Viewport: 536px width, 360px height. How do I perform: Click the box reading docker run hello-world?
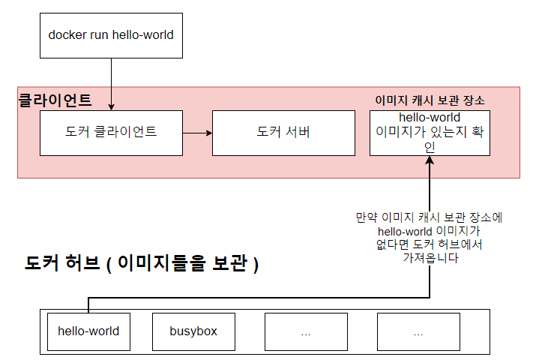pyautogui.click(x=111, y=34)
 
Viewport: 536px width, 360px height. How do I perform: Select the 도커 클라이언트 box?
pyautogui.click(x=111, y=133)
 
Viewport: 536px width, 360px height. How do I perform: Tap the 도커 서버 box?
pyautogui.click(x=283, y=133)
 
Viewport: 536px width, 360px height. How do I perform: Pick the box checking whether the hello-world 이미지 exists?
pyautogui.click(x=430, y=133)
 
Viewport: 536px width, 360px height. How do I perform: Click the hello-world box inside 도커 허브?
pyautogui.click(x=88, y=331)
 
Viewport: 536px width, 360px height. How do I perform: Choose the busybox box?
pyautogui.click(x=193, y=331)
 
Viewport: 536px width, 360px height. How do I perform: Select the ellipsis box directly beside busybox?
pyautogui.click(x=306, y=331)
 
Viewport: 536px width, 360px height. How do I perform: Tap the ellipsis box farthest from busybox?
pyautogui.click(x=418, y=331)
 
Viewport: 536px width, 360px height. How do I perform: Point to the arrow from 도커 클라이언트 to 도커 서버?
pyautogui.click(x=197, y=133)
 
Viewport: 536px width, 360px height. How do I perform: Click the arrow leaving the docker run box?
pyautogui.click(x=111, y=82)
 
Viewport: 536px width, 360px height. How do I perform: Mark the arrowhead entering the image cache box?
pyautogui.click(x=430, y=160)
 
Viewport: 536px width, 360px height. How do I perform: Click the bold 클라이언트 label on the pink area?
pyautogui.click(x=54, y=99)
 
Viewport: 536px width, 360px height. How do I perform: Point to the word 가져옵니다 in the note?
pyautogui.click(x=430, y=259)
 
